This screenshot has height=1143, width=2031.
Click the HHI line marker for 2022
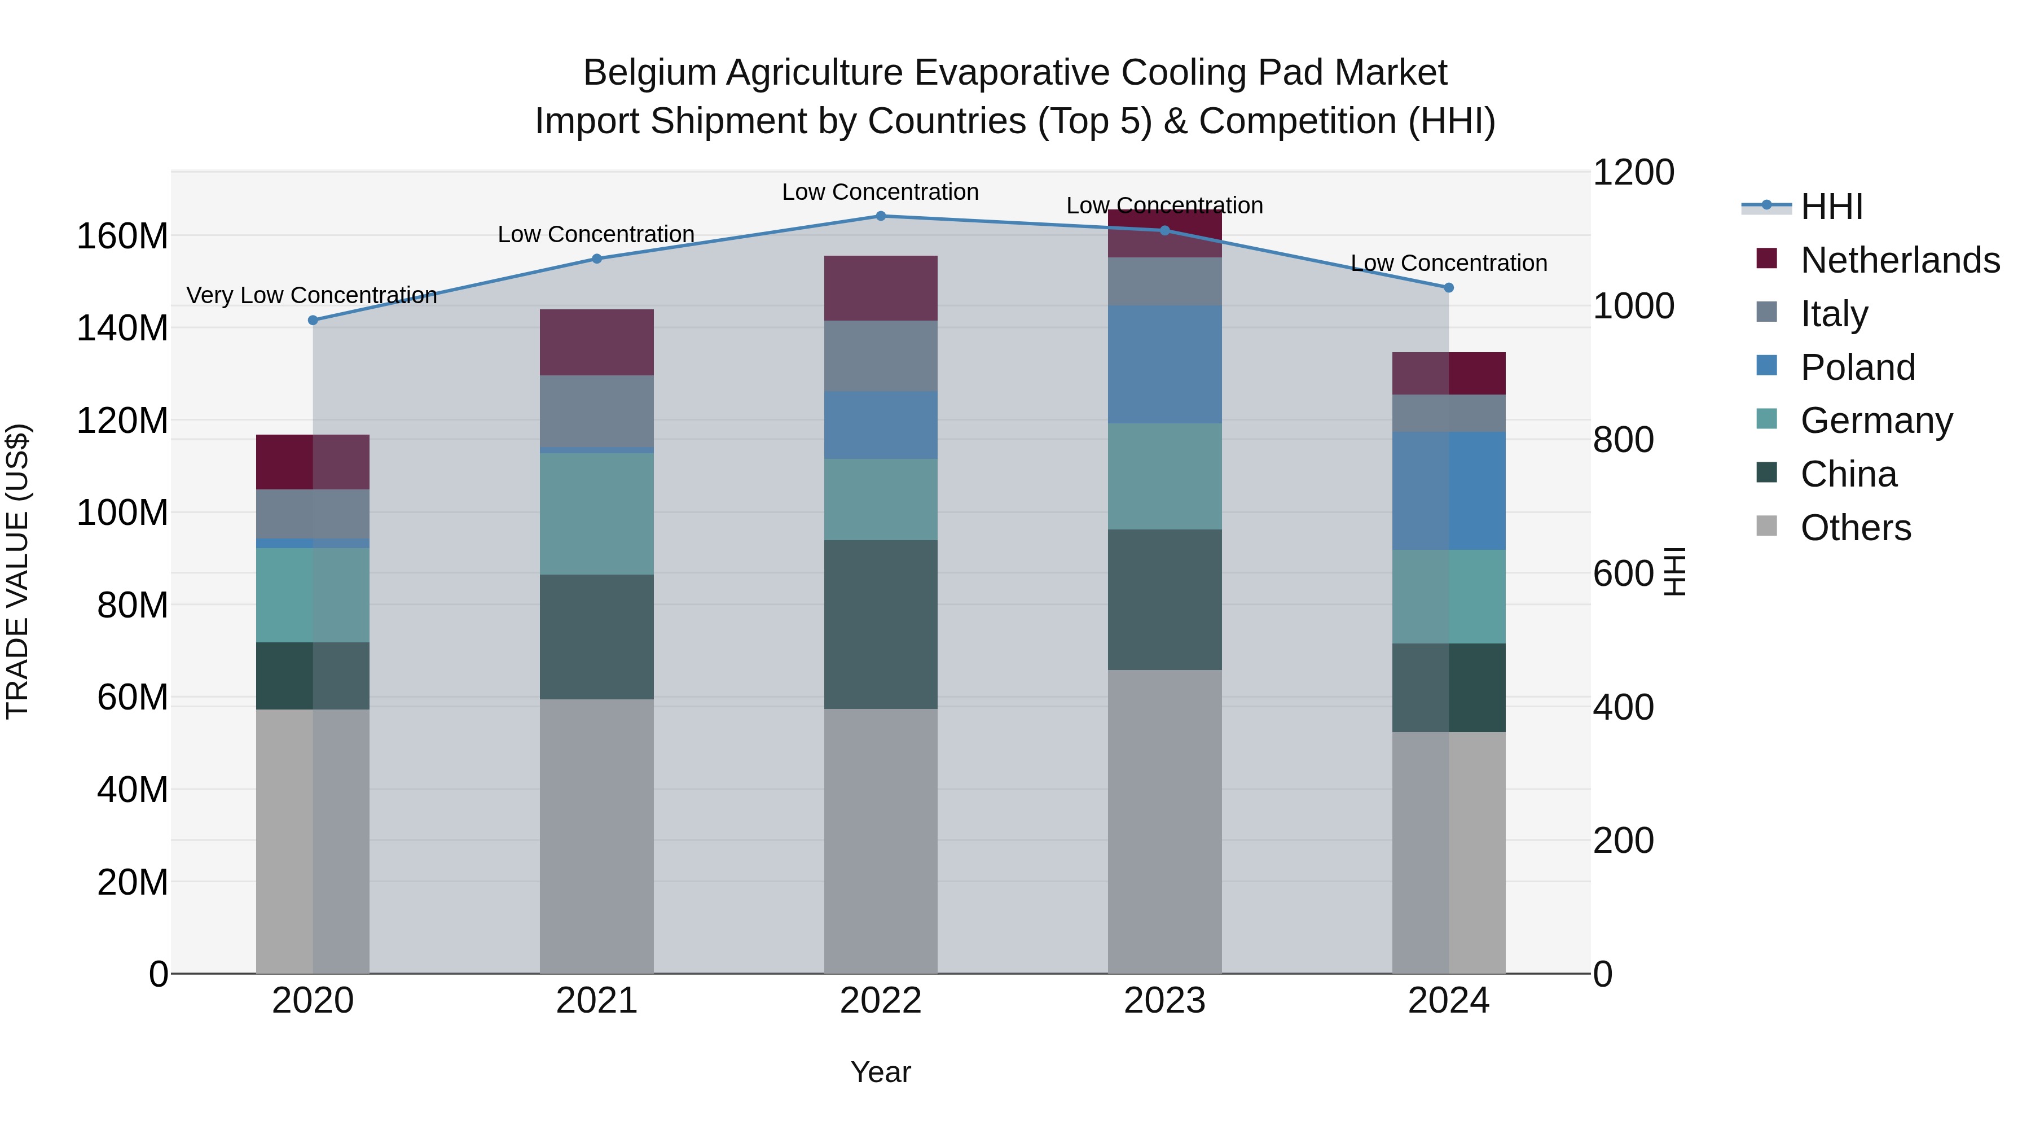coord(881,216)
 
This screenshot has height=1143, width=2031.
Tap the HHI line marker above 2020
coord(313,320)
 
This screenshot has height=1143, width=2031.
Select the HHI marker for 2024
coord(1448,288)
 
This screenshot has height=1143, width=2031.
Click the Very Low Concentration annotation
coord(311,296)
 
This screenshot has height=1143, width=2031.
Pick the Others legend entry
coord(1855,528)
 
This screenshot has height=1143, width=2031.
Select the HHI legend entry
coord(1831,207)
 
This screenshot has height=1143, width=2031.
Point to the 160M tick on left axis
coord(122,237)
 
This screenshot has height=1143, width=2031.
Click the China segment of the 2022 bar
coord(881,624)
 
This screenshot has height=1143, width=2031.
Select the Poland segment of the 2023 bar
coord(1164,365)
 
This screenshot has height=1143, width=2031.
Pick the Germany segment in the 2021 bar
coord(597,514)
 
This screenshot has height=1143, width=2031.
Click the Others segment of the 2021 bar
coord(597,836)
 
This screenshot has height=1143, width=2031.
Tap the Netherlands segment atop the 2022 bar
coord(881,288)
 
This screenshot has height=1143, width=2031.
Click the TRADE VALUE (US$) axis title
coord(18,571)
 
